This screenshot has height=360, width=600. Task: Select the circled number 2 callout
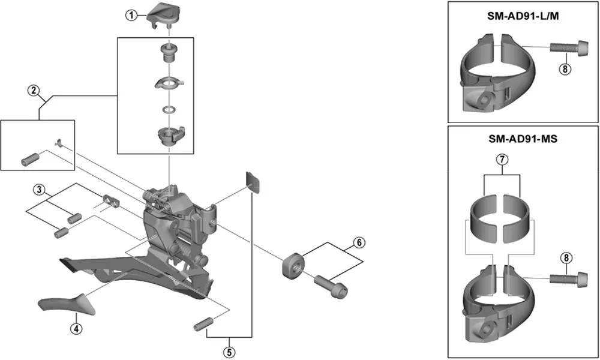point(34,91)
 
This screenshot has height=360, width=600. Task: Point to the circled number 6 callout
point(358,243)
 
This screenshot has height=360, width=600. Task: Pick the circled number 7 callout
point(502,160)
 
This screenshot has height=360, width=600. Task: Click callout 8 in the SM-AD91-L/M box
point(564,69)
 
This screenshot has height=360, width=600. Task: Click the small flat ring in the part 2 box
point(170,110)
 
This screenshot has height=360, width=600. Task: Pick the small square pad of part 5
point(254,182)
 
